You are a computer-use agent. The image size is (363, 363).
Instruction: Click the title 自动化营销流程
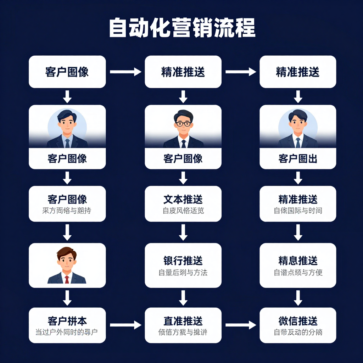click(x=182, y=28)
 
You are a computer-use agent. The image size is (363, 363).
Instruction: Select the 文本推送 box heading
click(x=183, y=199)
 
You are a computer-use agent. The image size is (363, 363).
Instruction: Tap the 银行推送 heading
click(x=183, y=261)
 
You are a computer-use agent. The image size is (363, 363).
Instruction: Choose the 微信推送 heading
click(x=298, y=321)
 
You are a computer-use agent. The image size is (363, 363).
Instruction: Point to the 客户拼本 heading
click(x=67, y=321)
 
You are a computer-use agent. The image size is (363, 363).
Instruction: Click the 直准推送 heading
click(x=183, y=321)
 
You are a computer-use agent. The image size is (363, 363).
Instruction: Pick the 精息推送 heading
click(x=298, y=261)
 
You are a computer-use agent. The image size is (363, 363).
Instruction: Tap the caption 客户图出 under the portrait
click(x=298, y=158)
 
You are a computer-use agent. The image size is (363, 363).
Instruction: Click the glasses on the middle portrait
click(x=183, y=124)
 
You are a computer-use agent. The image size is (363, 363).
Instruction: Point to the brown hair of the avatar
click(x=67, y=252)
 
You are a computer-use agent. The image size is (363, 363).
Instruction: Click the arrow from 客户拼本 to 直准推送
click(x=125, y=324)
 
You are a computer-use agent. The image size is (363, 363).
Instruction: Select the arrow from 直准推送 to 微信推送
click(x=240, y=324)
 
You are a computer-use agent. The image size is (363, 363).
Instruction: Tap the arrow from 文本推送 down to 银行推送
click(x=183, y=232)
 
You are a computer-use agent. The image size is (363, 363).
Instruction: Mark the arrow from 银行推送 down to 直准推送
click(x=183, y=297)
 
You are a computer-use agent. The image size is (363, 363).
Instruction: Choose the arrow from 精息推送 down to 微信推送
click(x=298, y=297)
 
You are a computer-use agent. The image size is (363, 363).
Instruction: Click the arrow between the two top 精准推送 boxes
click(x=240, y=72)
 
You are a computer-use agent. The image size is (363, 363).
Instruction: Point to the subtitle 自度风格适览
click(x=183, y=211)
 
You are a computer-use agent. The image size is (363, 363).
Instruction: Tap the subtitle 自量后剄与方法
click(x=183, y=273)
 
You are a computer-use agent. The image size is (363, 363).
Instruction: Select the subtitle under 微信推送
click(x=298, y=333)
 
